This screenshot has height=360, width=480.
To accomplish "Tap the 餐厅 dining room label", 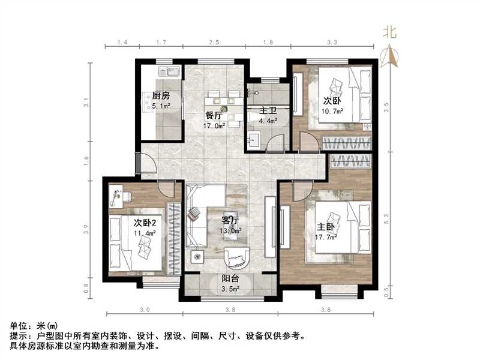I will (x=214, y=116).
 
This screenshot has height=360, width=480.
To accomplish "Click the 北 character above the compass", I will (x=391, y=34).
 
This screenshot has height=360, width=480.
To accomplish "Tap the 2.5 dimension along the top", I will (x=214, y=43).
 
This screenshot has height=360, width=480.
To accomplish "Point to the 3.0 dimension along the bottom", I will (x=144, y=310).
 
